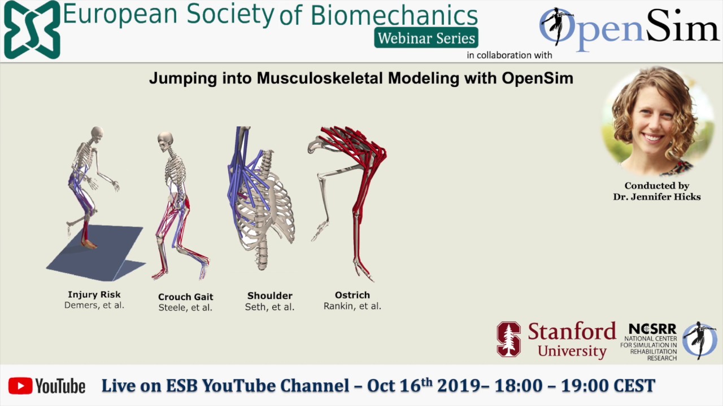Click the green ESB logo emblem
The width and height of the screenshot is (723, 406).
(32, 29)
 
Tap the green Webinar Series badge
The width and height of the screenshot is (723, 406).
(426, 38)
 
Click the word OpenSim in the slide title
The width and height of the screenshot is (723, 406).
(537, 78)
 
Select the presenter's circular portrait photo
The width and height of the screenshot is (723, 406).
(656, 120)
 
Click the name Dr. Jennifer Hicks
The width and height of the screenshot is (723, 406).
(657, 196)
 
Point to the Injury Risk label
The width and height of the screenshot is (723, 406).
(94, 294)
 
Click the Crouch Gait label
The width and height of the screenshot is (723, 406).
(185, 297)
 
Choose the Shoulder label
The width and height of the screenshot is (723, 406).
(269, 295)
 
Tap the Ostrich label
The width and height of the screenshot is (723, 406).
(352, 295)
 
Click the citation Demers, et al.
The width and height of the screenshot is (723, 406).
(94, 305)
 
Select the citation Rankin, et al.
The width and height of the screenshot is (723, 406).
(352, 306)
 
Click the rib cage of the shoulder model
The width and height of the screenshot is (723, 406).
(265, 209)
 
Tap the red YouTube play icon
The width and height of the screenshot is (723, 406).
(20, 386)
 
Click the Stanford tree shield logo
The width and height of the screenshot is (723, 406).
(508, 339)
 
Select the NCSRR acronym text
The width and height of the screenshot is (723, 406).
(652, 329)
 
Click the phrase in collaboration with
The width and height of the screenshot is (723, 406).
(509, 55)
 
